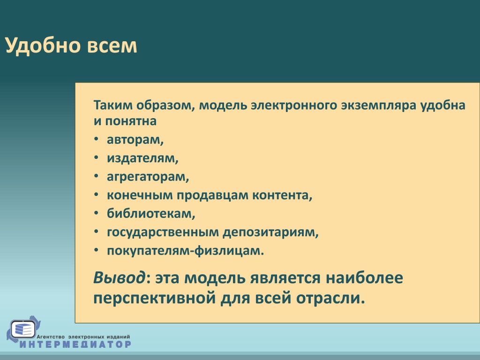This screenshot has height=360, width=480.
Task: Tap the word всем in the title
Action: (x=112, y=46)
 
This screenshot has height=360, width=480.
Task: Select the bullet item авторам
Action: (x=135, y=140)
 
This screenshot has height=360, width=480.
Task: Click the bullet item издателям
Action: (x=142, y=158)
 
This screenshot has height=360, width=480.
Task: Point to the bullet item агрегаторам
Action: (x=148, y=177)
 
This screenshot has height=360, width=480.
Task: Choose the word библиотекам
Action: (x=151, y=213)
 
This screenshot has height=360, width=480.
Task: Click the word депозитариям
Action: (x=270, y=232)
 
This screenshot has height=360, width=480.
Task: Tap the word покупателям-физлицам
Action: (x=186, y=250)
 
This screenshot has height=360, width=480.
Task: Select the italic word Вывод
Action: (x=120, y=278)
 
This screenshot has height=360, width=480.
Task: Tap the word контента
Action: (x=282, y=195)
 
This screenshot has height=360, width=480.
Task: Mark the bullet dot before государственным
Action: (x=97, y=232)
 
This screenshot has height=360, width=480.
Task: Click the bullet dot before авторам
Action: (x=97, y=139)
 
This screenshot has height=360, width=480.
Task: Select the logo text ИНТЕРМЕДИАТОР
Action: (x=75, y=344)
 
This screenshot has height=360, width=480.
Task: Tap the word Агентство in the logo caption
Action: (x=51, y=337)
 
